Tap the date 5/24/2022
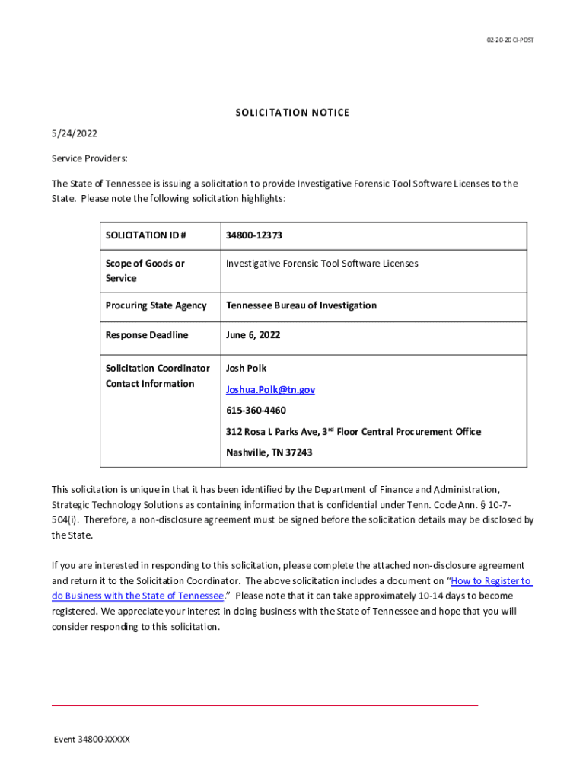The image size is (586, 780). (x=74, y=133)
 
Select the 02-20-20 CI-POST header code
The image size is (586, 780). (x=511, y=40)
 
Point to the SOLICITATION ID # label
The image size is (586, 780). (x=145, y=235)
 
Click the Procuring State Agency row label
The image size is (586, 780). (x=156, y=305)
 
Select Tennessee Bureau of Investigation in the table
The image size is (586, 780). (x=301, y=305)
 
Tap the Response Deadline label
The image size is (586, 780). (x=147, y=335)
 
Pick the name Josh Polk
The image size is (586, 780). (x=246, y=368)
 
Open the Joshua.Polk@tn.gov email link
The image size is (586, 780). (x=270, y=389)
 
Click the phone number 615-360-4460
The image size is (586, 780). (x=256, y=411)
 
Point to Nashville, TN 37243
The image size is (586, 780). (x=269, y=452)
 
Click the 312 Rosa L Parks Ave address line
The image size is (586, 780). (x=353, y=432)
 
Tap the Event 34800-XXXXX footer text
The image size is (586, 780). (x=91, y=740)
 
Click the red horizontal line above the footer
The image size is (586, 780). (x=264, y=706)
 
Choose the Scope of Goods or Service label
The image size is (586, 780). (x=145, y=270)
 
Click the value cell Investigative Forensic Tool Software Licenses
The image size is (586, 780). (x=322, y=264)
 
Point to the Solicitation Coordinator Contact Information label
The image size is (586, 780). (x=158, y=376)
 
